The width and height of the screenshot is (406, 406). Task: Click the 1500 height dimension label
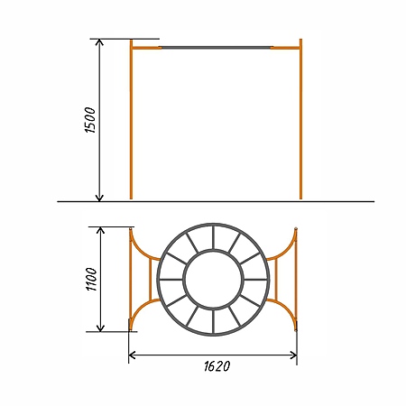click(x=90, y=120)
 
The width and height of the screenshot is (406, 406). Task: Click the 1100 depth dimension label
click(x=92, y=279)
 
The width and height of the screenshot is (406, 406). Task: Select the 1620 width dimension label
click(x=217, y=366)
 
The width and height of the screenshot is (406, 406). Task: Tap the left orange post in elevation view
click(x=131, y=119)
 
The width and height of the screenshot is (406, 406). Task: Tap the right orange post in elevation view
click(x=300, y=119)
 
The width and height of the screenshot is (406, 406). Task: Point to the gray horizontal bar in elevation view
click(x=216, y=48)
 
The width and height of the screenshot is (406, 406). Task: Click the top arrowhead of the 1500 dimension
click(x=99, y=42)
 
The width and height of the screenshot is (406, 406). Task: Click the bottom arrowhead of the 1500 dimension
click(x=99, y=198)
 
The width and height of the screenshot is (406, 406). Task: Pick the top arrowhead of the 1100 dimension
click(x=100, y=230)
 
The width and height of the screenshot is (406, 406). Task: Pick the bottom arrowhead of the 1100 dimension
click(x=100, y=328)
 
